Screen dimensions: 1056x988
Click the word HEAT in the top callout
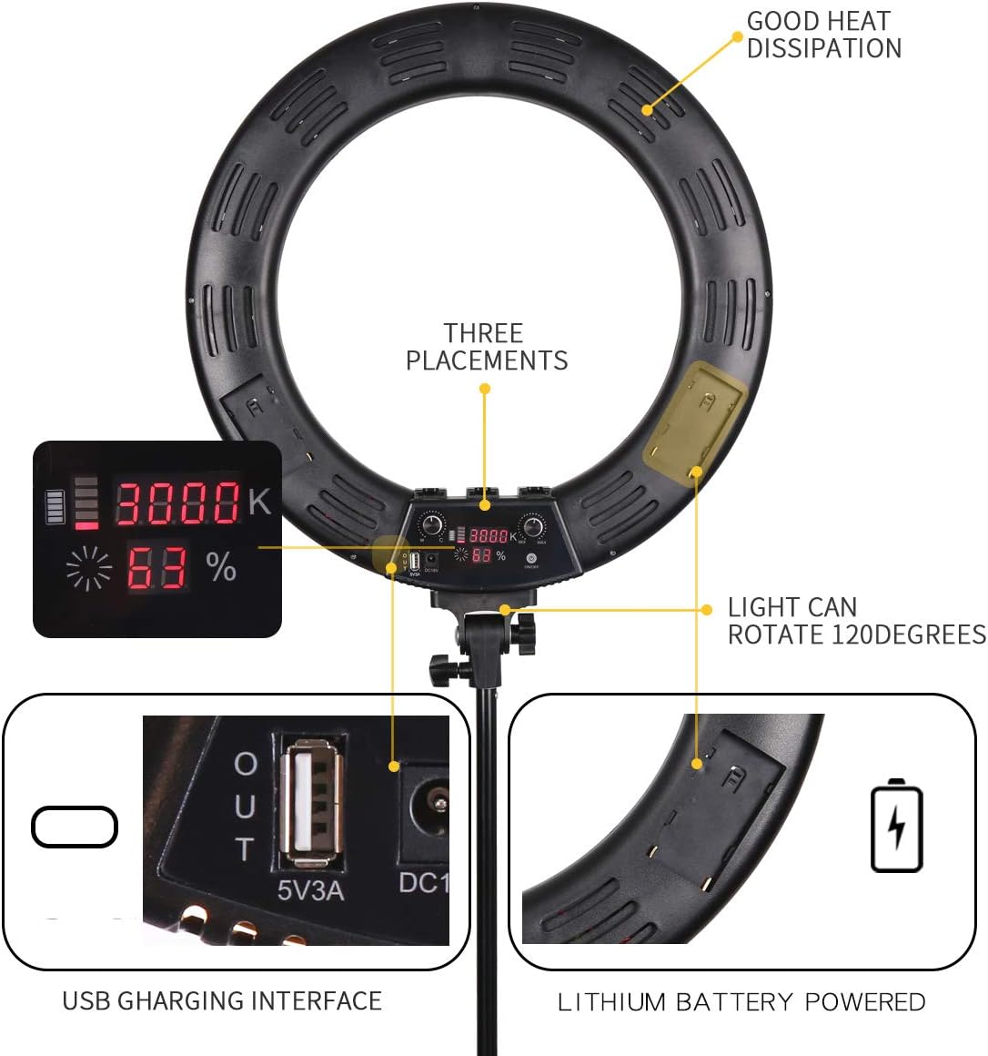coord(856,21)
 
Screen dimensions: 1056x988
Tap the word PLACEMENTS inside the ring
coord(487,360)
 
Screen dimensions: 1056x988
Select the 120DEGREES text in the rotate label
coord(910,634)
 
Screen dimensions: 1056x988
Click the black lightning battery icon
coord(896,825)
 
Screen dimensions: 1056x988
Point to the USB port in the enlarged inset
coord(312,803)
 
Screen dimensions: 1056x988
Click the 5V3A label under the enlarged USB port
coord(310,889)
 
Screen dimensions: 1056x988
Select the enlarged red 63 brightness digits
coord(156,568)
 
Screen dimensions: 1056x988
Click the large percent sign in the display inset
coord(221,567)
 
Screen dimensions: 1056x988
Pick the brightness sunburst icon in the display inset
coord(89,569)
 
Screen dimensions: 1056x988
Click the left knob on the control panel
coord(432,526)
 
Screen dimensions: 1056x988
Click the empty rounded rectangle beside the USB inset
coord(75,827)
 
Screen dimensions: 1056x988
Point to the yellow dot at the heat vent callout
coord(647,110)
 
